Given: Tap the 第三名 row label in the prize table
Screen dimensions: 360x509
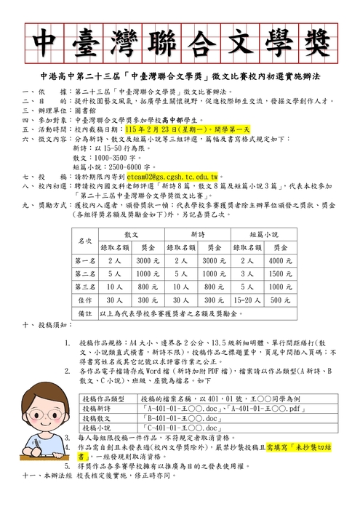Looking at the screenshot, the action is click(85, 286).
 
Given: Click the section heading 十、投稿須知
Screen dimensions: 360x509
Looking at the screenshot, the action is click(43, 326).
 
